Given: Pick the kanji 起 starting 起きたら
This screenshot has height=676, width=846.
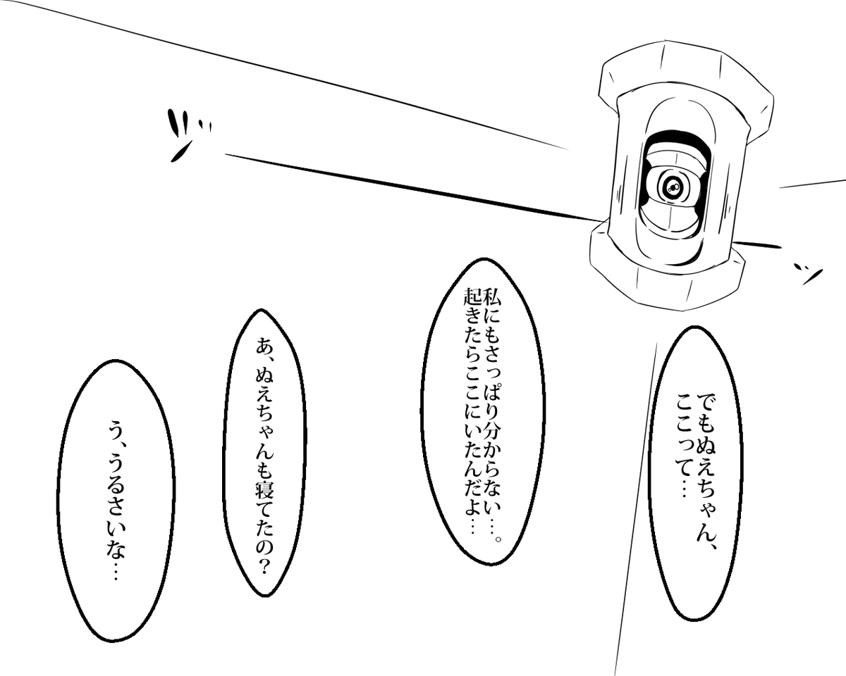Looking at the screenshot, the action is pos(470,301).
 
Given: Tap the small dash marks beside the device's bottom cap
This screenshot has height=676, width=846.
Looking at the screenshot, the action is pos(807,272).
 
